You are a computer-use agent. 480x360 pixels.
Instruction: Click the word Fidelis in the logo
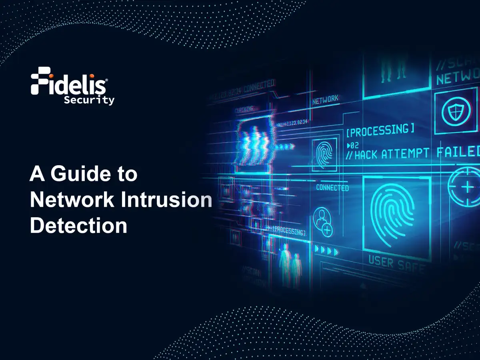coord(69,84)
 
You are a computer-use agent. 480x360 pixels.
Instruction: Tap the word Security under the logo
coord(89,100)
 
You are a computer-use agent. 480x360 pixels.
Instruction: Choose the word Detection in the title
coord(78,225)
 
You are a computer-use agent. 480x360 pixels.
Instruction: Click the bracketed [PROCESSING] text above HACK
coord(380,130)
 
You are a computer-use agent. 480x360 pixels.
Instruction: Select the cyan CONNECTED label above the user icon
coord(332,188)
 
